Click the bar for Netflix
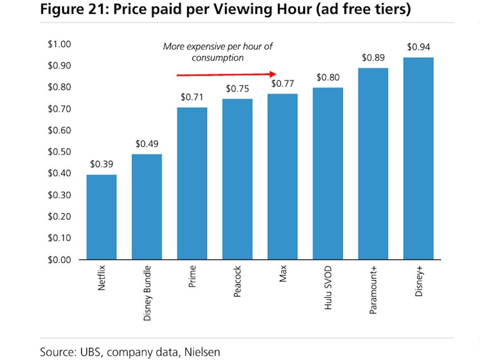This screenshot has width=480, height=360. pyautogui.click(x=101, y=217)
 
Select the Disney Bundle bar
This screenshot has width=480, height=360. pyautogui.click(x=146, y=206)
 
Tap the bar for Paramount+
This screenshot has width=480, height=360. pyautogui.click(x=372, y=163)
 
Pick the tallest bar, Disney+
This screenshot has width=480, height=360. pyautogui.click(x=418, y=158)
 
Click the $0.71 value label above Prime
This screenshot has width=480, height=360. pyautogui.click(x=192, y=97)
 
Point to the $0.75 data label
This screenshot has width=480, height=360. pyautogui.click(x=238, y=89)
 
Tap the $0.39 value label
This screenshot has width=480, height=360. pyautogui.click(x=101, y=164)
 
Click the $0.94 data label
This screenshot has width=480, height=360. pyautogui.click(x=418, y=47)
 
